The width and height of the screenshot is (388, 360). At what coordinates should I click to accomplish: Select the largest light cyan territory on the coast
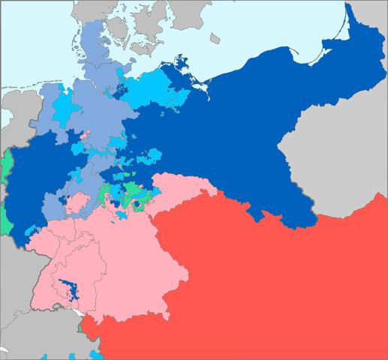154,90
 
